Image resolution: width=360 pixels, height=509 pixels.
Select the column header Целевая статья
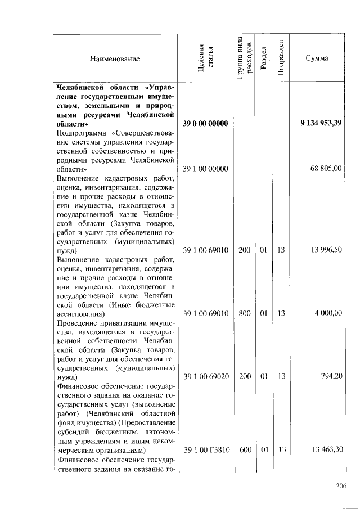pos(205,58)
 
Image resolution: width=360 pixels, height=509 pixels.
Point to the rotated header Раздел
pos(263,58)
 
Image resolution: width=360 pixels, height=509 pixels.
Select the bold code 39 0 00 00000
pos(205,124)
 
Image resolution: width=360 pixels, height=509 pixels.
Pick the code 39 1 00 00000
pos(205,169)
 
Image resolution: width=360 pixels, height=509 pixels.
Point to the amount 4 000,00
pos(328,313)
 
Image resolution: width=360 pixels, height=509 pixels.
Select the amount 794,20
pos(332,376)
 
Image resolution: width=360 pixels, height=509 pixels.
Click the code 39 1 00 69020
pos(205,376)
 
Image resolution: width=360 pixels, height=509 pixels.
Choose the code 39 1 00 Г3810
pos(205,450)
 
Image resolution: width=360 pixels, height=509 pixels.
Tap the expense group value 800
pos(244,313)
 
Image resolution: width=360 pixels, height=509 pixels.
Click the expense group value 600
pos(244,450)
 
